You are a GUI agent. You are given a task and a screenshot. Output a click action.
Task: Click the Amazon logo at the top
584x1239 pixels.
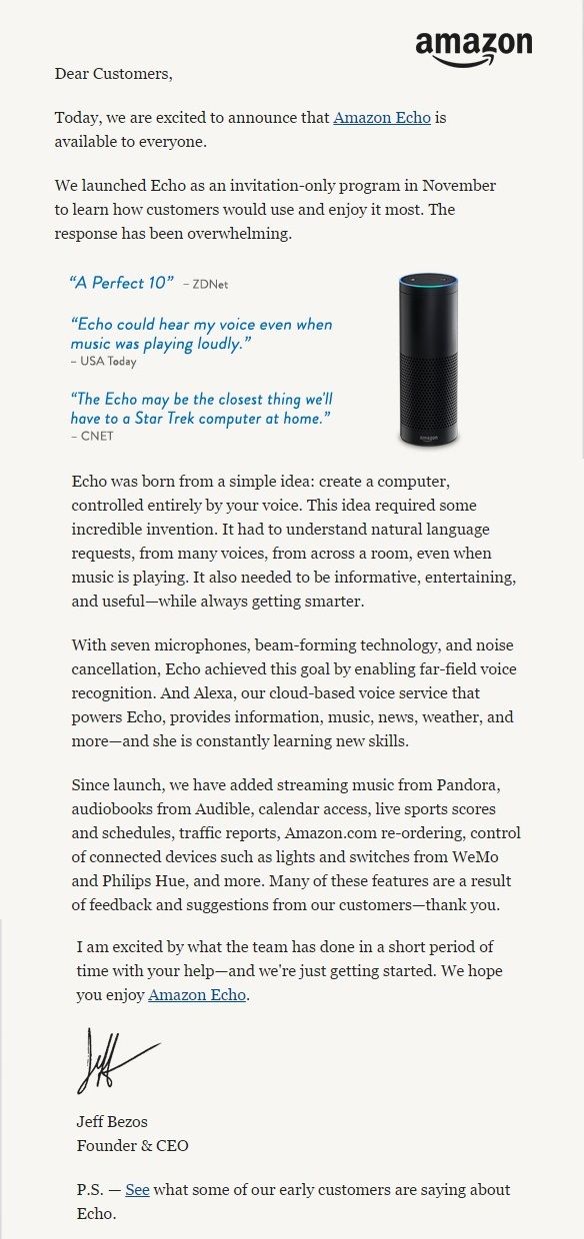click(x=473, y=46)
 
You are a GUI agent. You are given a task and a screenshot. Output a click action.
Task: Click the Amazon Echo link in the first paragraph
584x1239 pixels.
click(x=382, y=118)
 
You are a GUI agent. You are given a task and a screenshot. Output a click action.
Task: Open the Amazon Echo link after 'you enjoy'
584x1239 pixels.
click(x=197, y=995)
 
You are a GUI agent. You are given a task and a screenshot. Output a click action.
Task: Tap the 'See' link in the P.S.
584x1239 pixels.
click(x=137, y=1190)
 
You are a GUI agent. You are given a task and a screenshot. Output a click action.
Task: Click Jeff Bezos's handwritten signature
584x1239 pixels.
click(x=115, y=1060)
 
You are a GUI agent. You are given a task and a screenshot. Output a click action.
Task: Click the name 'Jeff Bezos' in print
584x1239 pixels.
click(x=112, y=1121)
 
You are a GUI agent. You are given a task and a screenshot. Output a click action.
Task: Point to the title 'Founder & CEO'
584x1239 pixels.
click(x=133, y=1146)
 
